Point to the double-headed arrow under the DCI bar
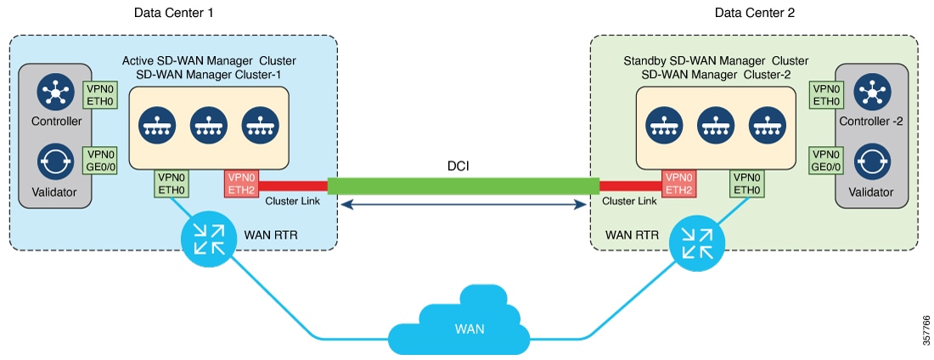(464, 204)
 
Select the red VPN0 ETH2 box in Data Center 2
(678, 183)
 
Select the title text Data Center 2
(754, 13)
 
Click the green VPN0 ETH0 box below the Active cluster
(171, 183)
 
